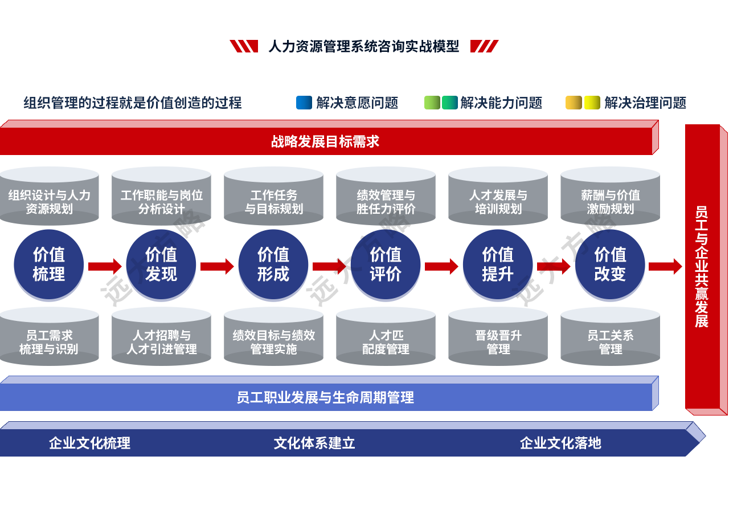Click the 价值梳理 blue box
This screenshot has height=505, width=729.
tap(49, 265)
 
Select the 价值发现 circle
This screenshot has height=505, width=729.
tap(161, 265)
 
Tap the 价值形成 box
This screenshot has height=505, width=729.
tap(273, 265)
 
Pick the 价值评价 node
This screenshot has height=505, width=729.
tap(386, 265)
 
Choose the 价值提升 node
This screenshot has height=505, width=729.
tap(497, 265)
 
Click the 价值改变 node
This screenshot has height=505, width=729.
tap(610, 265)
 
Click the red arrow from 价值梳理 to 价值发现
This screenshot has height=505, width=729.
tap(105, 266)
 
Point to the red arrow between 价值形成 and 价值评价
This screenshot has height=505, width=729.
tap(329, 266)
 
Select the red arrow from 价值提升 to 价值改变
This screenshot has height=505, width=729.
tap(554, 266)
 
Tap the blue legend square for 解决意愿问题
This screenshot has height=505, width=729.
tap(304, 103)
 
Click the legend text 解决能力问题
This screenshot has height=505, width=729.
tap(501, 103)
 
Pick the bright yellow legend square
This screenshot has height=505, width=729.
tap(592, 103)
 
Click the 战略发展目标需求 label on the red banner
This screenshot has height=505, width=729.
tap(325, 141)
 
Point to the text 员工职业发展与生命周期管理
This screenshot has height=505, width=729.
tap(325, 397)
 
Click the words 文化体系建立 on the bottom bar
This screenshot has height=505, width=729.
tap(314, 443)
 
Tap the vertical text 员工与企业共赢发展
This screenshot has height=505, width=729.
tap(702, 267)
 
